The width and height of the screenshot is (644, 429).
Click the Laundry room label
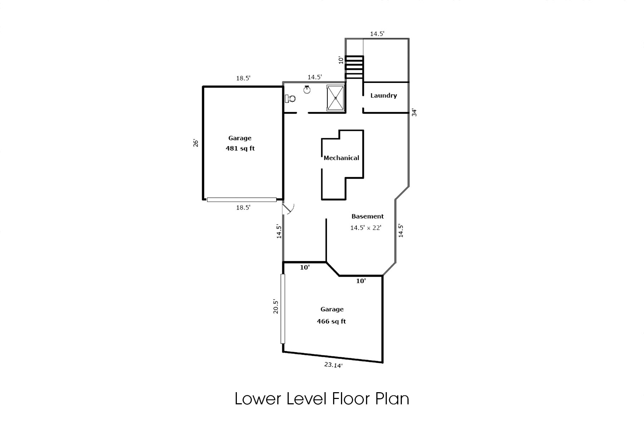coord(384,95)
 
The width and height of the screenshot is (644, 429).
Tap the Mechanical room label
coord(341,158)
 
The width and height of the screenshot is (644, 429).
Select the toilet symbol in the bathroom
coord(290,99)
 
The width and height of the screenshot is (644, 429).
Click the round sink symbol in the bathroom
coord(307,89)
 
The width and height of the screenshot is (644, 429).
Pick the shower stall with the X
coord(336,98)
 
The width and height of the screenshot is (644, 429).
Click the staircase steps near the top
coord(355,67)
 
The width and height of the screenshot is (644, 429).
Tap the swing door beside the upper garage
coord(288,209)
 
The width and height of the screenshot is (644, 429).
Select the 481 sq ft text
coord(240,148)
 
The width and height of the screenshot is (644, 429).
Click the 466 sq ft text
coord(331,321)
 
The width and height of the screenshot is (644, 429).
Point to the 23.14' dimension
coord(333,365)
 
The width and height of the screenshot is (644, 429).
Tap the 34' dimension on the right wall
coord(414,113)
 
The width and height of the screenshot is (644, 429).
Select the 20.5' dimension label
coord(276,306)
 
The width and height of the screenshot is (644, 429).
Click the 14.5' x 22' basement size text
coord(366,228)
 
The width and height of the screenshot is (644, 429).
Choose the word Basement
coord(367,216)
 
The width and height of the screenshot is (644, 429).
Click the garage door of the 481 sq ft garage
coord(241,200)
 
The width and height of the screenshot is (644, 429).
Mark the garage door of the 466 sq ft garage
coord(283,309)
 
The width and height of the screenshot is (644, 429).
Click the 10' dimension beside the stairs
coord(341,60)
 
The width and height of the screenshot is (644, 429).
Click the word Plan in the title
coord(392,399)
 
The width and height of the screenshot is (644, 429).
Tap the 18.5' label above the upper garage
coord(243,78)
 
